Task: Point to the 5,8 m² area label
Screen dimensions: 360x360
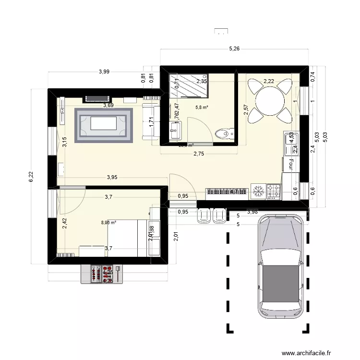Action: click(202, 108)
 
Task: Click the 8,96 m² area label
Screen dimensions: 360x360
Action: click(109, 223)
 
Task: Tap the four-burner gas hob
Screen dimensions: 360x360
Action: click(274, 192)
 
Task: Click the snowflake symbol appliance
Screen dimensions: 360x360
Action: click(258, 192)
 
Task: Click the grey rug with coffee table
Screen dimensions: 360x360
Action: click(103, 125)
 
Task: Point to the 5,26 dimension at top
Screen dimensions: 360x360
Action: click(234, 48)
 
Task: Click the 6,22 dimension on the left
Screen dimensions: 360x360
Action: click(30, 177)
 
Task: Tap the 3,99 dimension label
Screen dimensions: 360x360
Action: click(104, 72)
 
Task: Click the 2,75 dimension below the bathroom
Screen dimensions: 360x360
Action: click(199, 154)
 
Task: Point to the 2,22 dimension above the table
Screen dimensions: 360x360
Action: click(268, 81)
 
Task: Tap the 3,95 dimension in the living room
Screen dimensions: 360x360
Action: click(111, 177)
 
